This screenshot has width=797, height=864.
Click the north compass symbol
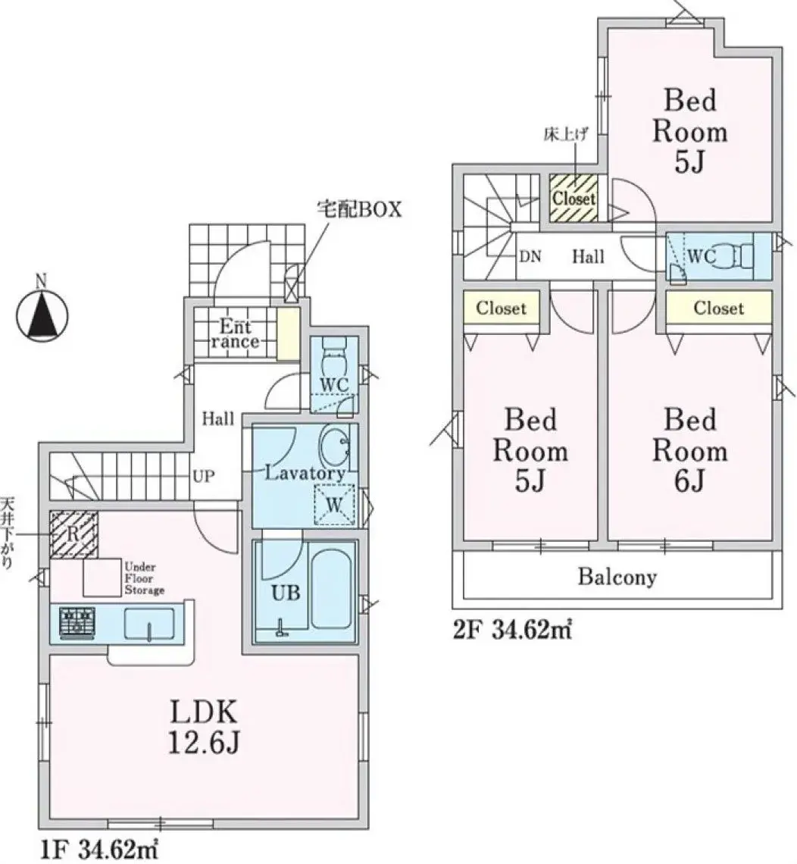[42, 311]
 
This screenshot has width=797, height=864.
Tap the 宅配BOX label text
[358, 210]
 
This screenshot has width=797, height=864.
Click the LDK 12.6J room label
[204, 727]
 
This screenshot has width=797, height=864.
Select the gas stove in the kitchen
[77, 622]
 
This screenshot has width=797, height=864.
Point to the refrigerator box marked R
[74, 534]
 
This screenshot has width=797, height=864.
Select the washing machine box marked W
[334, 503]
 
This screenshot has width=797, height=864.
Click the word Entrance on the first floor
[235, 334]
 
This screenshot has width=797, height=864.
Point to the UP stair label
[203, 476]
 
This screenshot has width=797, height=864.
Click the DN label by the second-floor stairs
[530, 256]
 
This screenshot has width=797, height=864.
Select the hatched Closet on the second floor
[574, 198]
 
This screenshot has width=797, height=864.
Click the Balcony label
[617, 578]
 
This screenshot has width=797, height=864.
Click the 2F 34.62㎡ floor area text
[511, 629]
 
